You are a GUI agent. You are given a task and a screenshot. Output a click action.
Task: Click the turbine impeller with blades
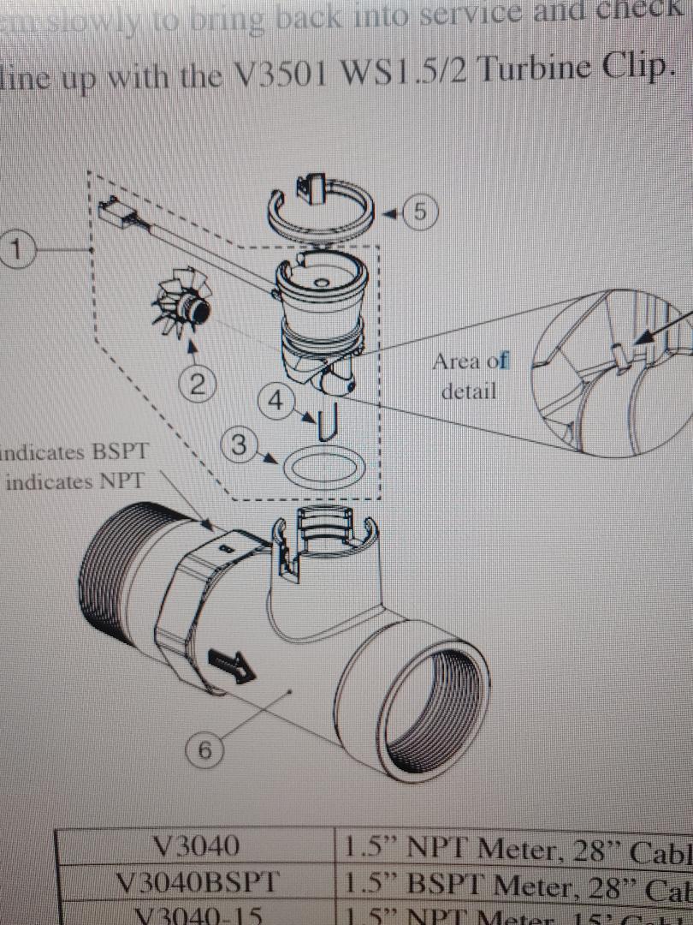point(183,307)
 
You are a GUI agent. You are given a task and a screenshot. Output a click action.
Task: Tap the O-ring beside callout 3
point(319,468)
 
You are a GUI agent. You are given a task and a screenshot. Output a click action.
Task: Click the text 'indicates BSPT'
point(68,451)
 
